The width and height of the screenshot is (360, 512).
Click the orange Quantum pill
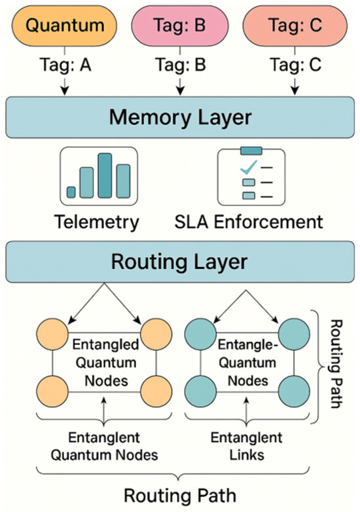point(64,26)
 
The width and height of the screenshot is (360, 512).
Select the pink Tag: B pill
point(180,26)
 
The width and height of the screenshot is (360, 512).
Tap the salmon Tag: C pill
point(295,26)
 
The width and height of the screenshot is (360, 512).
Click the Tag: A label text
point(65,64)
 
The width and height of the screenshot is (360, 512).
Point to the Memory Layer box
point(180,117)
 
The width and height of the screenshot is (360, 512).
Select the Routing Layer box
point(180,262)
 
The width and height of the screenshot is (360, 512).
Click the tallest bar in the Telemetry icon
point(105,175)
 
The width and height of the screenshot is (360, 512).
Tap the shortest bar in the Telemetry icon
point(71,192)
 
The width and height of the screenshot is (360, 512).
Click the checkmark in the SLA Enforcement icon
point(248,167)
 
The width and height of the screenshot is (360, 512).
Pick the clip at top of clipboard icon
point(251,151)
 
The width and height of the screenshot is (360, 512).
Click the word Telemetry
point(97,223)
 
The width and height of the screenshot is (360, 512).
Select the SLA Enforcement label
point(249,222)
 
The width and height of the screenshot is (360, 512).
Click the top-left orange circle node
point(52,335)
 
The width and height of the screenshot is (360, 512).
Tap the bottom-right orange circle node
point(156,391)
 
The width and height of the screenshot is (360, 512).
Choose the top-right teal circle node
point(294,335)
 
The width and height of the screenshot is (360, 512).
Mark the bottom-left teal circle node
point(200,391)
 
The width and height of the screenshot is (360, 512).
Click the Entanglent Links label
point(246,446)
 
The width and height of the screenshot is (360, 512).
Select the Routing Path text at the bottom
point(180,496)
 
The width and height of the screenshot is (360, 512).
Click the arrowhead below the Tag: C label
point(295,91)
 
